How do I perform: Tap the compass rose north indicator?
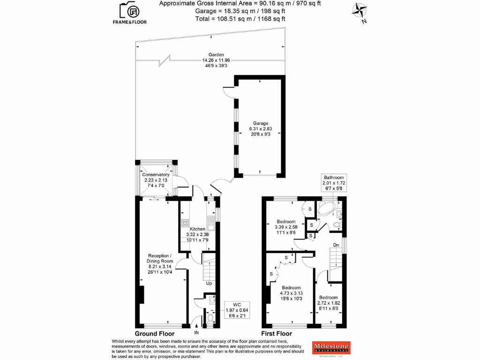tap(360, 11)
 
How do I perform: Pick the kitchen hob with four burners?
tap(185, 223)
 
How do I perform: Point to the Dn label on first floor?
tap(336, 245)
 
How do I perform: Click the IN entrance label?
tap(197, 333)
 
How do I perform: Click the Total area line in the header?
tap(240, 19)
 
